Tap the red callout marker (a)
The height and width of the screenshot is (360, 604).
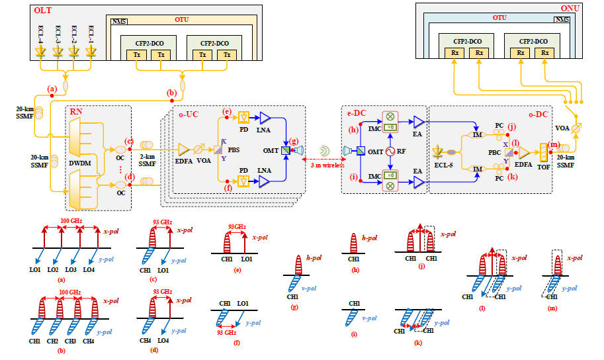pos(52,89)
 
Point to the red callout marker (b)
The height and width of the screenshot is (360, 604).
pos(171,94)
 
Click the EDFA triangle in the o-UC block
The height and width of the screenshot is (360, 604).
pos(183,152)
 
